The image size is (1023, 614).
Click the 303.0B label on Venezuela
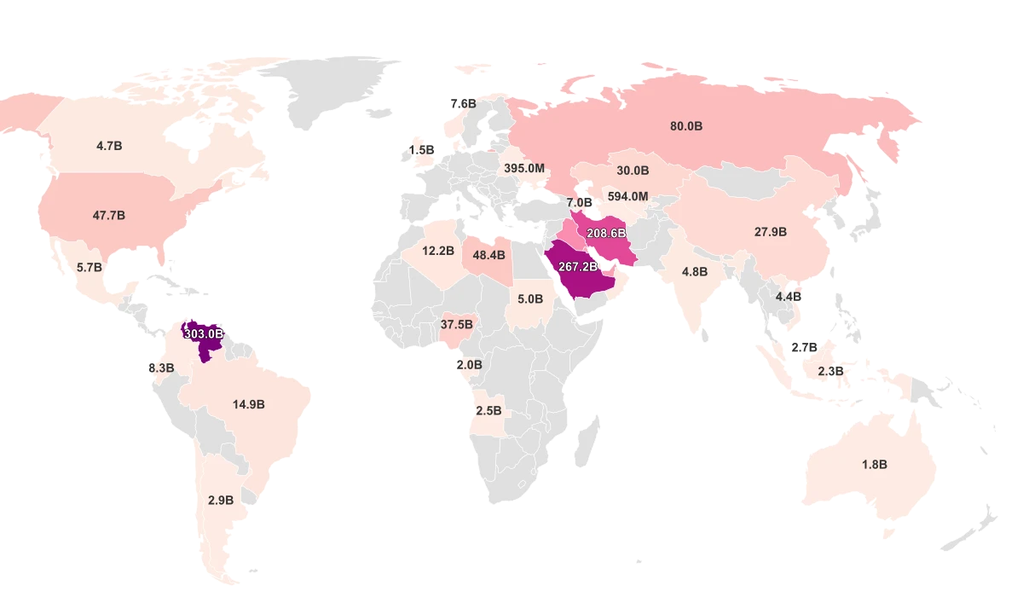(204, 334)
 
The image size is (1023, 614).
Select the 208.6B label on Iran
(606, 233)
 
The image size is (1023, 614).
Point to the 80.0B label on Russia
(686, 126)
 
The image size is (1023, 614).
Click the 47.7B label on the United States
(109, 216)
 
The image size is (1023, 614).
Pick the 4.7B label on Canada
(109, 146)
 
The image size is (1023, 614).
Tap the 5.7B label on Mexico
(90, 267)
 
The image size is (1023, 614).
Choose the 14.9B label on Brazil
(249, 404)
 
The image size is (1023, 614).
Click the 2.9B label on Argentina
(221, 501)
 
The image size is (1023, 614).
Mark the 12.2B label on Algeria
(438, 251)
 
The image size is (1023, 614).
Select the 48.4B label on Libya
(488, 255)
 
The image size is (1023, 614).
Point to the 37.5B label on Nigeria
(457, 325)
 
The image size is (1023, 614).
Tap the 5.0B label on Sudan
(530, 299)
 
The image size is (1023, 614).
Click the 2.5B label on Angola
(488, 410)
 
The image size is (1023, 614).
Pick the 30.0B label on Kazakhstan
(633, 171)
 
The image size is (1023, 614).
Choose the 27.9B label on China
(771, 232)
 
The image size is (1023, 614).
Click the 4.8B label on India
(695, 272)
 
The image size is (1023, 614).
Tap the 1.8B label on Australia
(875, 465)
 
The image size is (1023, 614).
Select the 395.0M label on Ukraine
(524, 169)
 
